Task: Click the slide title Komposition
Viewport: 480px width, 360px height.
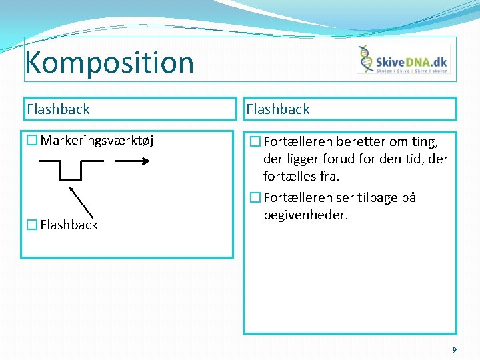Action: [x=109, y=62]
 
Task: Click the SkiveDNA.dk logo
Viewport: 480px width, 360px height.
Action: [x=403, y=59]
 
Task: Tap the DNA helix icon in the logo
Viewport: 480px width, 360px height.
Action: [x=366, y=59]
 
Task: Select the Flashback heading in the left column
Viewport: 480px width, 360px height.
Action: [x=58, y=109]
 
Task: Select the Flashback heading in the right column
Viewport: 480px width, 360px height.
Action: [x=278, y=109]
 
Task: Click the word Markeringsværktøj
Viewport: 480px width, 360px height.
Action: [x=97, y=140]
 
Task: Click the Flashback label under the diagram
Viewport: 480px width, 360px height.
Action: [x=69, y=225]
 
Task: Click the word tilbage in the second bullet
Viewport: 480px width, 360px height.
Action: [x=381, y=198]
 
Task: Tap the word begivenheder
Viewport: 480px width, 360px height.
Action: [x=305, y=215]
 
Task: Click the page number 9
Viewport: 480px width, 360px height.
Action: [x=454, y=349]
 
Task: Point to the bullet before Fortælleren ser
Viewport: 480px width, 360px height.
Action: [x=255, y=198]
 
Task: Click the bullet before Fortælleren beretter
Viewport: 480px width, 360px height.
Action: [x=255, y=141]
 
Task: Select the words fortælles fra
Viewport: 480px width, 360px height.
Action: [x=301, y=177]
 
